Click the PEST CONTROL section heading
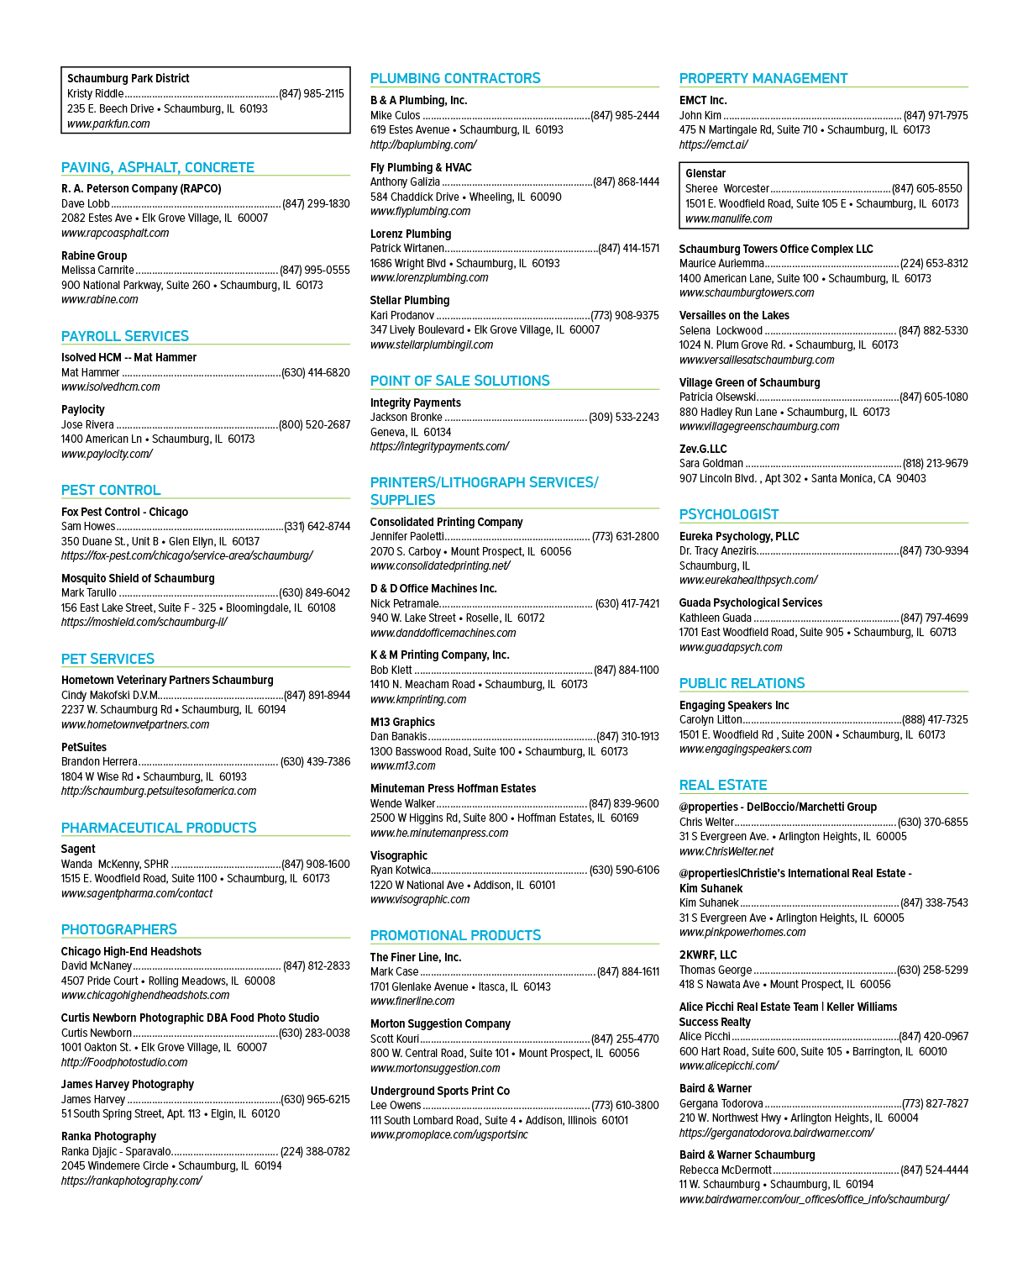pyautogui.click(x=111, y=490)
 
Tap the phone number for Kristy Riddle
pyautogui.click(x=312, y=93)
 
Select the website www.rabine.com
pyautogui.click(x=100, y=299)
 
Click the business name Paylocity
pyautogui.click(x=83, y=409)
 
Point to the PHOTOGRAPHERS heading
pyautogui.click(x=119, y=928)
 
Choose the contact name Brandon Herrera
pyautogui.click(x=99, y=761)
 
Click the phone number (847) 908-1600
pyautogui.click(x=316, y=864)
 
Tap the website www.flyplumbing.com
pyautogui.click(x=420, y=211)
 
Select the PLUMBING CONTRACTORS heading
pyautogui.click(x=455, y=78)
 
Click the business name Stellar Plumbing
pyautogui.click(x=410, y=300)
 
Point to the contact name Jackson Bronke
pyautogui.click(x=406, y=417)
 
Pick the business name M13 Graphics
pyautogui.click(x=402, y=722)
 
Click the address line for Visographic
pyautogui.click(x=462, y=885)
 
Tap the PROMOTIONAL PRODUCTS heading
pyautogui.click(x=455, y=934)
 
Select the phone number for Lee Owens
pyautogui.click(x=625, y=1105)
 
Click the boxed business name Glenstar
pyautogui.click(x=705, y=173)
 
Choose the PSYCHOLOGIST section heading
pyautogui.click(x=728, y=514)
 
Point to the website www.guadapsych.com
pyautogui.click(x=730, y=647)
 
